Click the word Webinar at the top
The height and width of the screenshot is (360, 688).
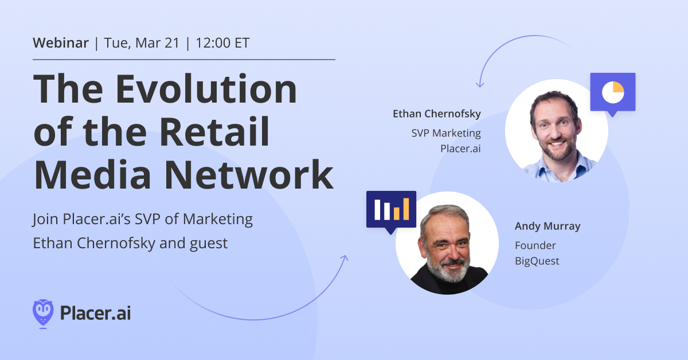tap(61, 43)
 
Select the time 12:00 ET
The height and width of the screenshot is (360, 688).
tap(222, 43)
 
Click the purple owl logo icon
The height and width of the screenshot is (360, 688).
tap(43, 313)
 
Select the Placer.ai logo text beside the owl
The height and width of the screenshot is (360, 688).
tap(95, 314)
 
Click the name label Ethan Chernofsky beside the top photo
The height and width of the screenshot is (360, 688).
tap(436, 114)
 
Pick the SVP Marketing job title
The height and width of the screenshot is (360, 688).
tap(445, 134)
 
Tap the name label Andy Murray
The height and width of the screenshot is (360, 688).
tap(547, 226)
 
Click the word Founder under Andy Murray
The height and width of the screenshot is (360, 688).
tap(535, 245)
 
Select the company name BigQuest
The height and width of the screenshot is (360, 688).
tap(537, 261)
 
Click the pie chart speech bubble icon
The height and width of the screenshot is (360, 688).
tap(613, 92)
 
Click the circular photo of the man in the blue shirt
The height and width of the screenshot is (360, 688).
tap(556, 131)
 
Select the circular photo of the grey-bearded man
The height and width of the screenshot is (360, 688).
tap(447, 243)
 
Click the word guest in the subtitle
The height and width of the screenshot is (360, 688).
tap(209, 243)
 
